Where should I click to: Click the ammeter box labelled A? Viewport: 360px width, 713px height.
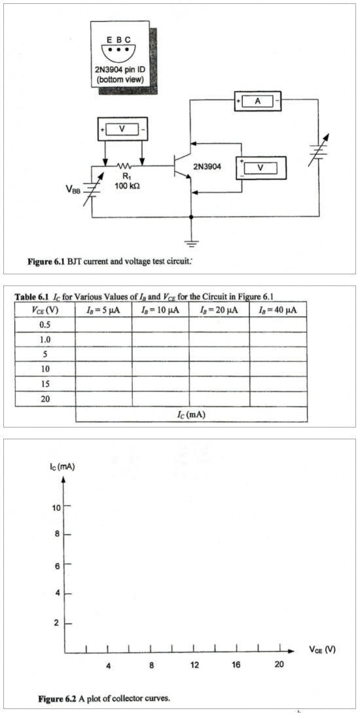(x=257, y=101)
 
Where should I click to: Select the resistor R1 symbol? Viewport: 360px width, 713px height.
(x=124, y=167)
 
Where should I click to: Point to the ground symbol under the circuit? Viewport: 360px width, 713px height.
(x=190, y=244)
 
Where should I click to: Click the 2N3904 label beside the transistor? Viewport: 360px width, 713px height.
(x=208, y=168)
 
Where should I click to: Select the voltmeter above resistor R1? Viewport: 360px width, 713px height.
(x=122, y=130)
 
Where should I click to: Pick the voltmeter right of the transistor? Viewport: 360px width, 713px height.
(x=261, y=168)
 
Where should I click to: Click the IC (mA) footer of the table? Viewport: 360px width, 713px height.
(x=190, y=414)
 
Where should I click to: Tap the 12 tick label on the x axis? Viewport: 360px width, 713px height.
(x=194, y=666)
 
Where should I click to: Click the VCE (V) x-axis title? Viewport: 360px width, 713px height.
(x=323, y=649)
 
